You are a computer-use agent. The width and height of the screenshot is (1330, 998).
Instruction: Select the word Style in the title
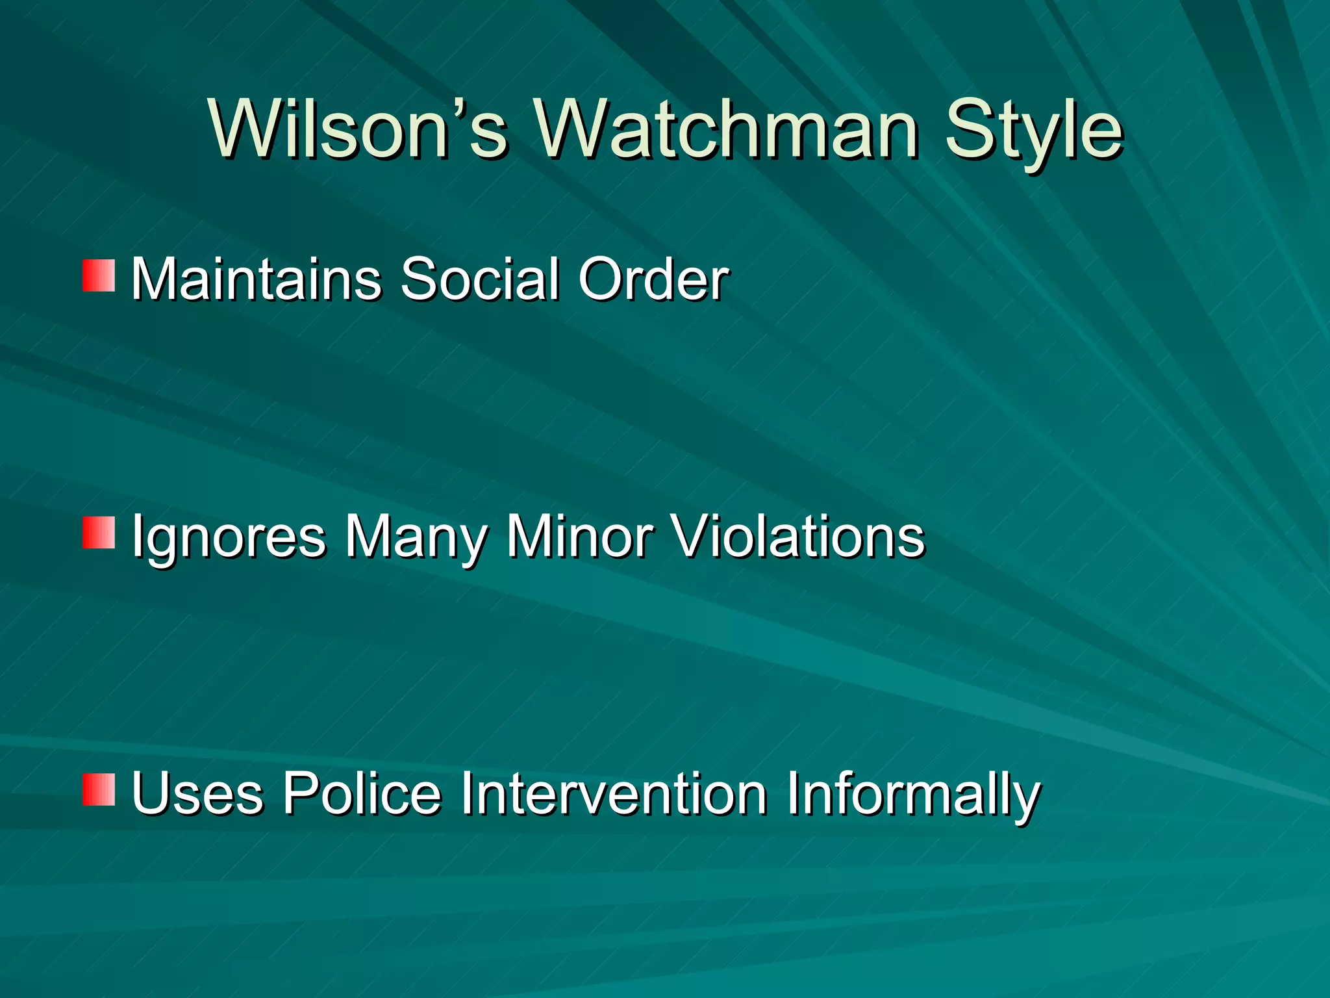[x=1033, y=130]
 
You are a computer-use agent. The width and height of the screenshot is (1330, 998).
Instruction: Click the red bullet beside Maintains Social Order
[x=99, y=275]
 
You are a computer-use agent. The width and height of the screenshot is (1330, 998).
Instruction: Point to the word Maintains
[x=257, y=279]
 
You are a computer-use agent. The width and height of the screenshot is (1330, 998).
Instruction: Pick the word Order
[x=653, y=279]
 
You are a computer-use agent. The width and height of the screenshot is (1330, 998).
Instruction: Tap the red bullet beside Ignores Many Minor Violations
[x=99, y=533]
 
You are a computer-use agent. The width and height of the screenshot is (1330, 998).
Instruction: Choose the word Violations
[x=798, y=537]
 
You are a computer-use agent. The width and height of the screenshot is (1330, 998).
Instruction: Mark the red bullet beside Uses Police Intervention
[x=99, y=789]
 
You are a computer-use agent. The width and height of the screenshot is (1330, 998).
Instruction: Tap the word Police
[x=362, y=793]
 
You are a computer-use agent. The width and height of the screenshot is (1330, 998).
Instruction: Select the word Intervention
[x=614, y=793]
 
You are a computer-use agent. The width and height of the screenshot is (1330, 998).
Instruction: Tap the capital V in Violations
[x=694, y=537]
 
